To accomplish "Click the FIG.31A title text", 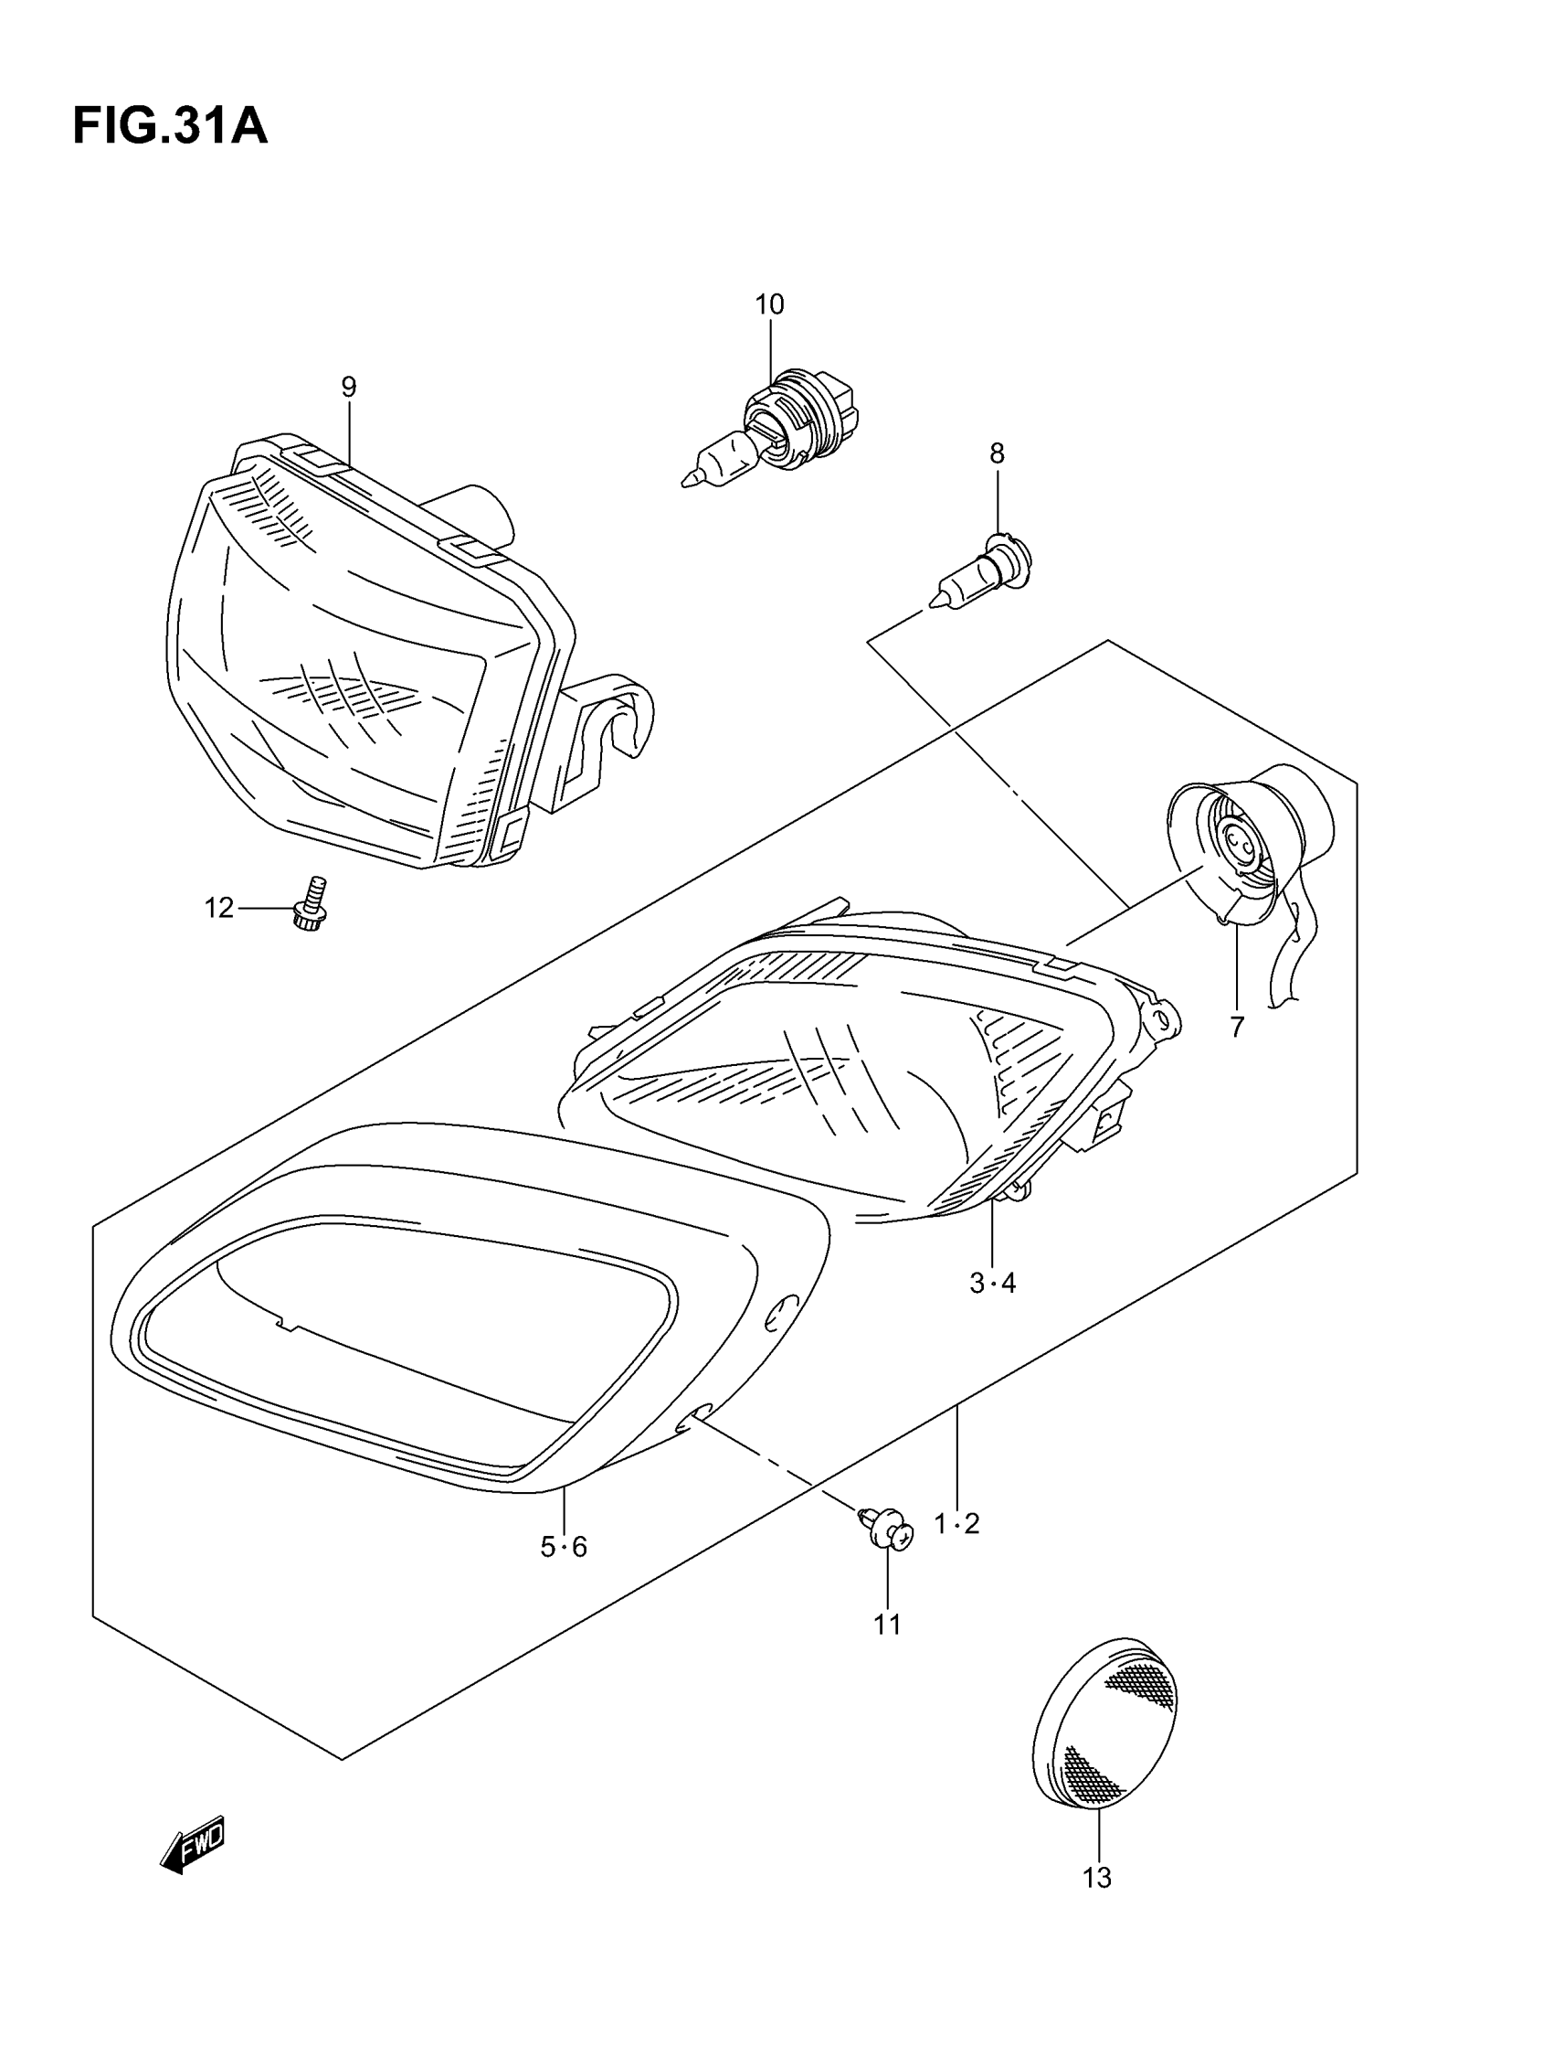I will (x=170, y=127).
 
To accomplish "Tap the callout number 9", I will (x=349, y=387).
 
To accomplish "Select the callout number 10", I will (x=769, y=304).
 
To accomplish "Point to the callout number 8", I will (x=997, y=454).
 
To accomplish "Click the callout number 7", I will (x=1237, y=1028).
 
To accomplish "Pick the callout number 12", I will (x=218, y=908).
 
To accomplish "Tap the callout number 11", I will (x=887, y=1625).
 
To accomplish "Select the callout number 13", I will (x=1097, y=1877).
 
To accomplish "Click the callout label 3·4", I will (x=992, y=1284).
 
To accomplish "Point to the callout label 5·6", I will (x=564, y=1547).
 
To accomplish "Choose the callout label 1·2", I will (x=956, y=1524).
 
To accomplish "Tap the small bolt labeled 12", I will (x=312, y=905).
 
